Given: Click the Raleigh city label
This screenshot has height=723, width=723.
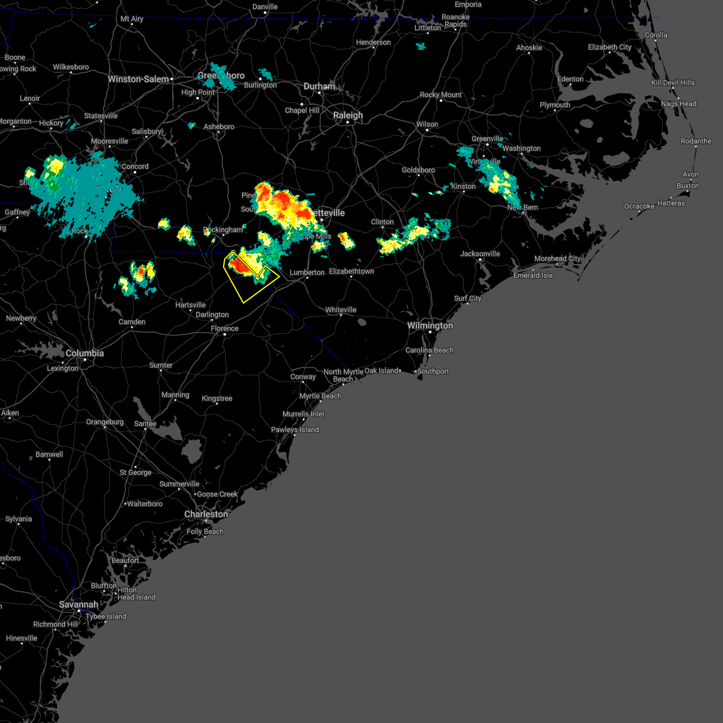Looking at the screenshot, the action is click(348, 115).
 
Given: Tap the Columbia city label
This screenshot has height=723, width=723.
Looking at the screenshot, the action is click(84, 353).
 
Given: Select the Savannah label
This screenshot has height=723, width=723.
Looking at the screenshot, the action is click(78, 604).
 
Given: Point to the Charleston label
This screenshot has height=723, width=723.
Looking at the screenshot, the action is click(206, 514).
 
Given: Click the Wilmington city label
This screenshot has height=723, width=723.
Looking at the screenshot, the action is click(430, 325).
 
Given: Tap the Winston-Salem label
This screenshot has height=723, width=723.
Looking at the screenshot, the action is click(139, 79).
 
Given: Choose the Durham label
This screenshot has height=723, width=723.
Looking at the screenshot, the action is click(319, 86).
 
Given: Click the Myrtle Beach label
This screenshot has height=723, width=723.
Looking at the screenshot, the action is click(320, 396).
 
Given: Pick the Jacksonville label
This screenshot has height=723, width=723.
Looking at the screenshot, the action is click(480, 254).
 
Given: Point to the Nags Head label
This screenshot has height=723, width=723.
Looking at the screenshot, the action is click(678, 104).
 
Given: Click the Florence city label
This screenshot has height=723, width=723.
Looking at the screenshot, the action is click(225, 328).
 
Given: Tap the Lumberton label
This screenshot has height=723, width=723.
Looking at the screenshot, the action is click(307, 272).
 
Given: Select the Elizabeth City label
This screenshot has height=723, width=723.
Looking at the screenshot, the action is click(610, 47).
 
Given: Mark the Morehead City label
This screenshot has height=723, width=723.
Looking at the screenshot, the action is click(557, 258).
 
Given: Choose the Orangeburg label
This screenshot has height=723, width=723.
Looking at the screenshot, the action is click(105, 422).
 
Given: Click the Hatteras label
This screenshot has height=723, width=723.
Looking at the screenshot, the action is click(671, 203).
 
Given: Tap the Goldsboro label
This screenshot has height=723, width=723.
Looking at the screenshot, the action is click(418, 170).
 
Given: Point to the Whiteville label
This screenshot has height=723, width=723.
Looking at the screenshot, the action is click(341, 310).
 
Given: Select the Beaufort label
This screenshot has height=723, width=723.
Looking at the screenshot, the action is click(125, 560).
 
